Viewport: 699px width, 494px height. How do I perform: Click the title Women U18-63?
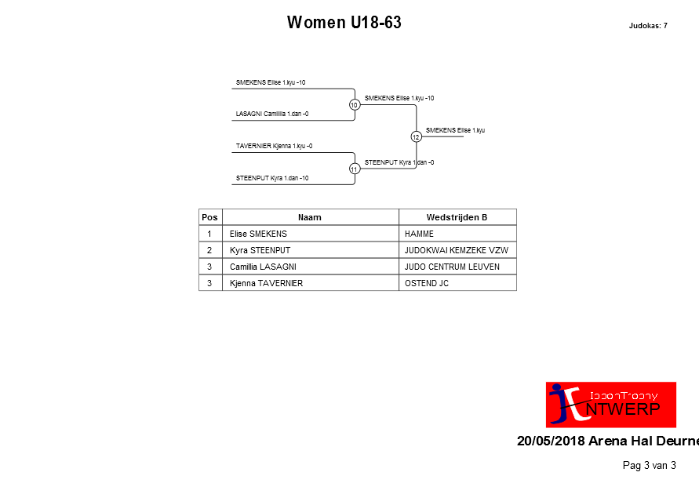tap(344, 22)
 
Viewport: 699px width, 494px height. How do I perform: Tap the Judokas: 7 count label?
tap(648, 26)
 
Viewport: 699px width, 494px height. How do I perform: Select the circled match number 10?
tap(355, 104)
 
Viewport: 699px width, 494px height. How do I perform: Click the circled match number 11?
tap(355, 169)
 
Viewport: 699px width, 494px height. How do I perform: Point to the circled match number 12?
tap(416, 136)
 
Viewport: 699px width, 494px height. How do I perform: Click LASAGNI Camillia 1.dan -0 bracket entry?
tap(272, 114)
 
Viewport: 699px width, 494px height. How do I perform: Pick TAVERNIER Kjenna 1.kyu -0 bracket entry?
tap(274, 146)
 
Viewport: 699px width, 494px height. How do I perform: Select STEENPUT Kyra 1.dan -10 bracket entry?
tap(272, 178)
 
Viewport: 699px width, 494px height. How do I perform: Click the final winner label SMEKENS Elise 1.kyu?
tap(455, 130)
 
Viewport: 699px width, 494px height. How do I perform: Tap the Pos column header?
tap(209, 217)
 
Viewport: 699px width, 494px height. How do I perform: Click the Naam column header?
tap(309, 217)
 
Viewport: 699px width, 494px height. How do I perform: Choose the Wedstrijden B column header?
tap(457, 217)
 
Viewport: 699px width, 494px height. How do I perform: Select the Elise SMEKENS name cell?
tap(258, 234)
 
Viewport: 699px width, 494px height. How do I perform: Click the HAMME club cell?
tap(419, 234)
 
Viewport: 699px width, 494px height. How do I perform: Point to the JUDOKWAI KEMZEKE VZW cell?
tap(456, 250)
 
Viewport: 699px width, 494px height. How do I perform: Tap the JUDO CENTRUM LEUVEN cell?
tap(452, 267)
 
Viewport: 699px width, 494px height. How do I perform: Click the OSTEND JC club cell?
tap(427, 283)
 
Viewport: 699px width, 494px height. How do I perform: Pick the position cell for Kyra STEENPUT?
tap(209, 250)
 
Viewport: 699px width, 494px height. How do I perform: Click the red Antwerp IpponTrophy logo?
tap(610, 405)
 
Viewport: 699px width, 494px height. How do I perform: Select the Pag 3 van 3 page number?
tap(649, 466)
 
